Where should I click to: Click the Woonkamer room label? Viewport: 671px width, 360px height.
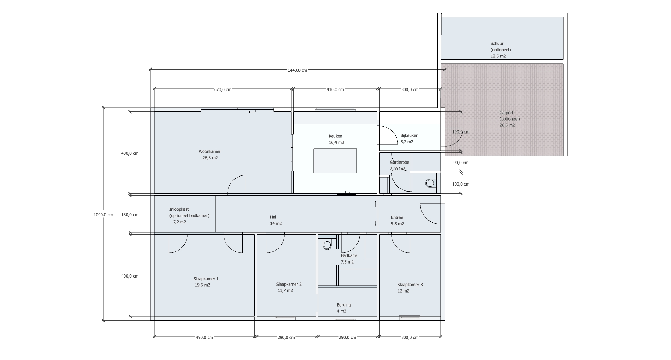pyautogui.click(x=210, y=152)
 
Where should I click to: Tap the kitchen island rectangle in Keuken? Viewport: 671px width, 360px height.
pyautogui.click(x=335, y=161)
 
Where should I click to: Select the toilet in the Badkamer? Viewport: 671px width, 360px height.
pyautogui.click(x=327, y=244)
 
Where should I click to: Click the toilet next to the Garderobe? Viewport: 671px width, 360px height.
pyautogui.click(x=430, y=183)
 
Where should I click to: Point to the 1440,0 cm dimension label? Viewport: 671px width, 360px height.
pyautogui.click(x=297, y=70)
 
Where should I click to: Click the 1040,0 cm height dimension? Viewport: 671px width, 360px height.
pyautogui.click(x=103, y=215)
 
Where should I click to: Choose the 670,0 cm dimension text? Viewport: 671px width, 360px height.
pyautogui.click(x=223, y=90)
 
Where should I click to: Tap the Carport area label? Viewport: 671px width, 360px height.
pyautogui.click(x=506, y=113)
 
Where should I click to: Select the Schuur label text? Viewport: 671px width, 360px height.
pyautogui.click(x=497, y=44)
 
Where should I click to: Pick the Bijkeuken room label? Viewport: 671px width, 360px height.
pyautogui.click(x=409, y=136)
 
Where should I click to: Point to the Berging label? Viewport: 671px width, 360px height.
pyautogui.click(x=344, y=305)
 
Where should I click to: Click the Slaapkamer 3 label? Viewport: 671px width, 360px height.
pyautogui.click(x=410, y=285)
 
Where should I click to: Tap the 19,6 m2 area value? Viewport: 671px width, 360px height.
pyautogui.click(x=203, y=285)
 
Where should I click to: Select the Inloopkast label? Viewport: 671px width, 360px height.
pyautogui.click(x=179, y=210)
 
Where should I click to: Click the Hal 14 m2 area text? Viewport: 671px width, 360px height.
pyautogui.click(x=276, y=224)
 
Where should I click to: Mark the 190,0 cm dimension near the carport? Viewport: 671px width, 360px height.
pyautogui.click(x=461, y=132)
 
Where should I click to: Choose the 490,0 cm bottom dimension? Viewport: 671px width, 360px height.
pyautogui.click(x=204, y=338)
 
